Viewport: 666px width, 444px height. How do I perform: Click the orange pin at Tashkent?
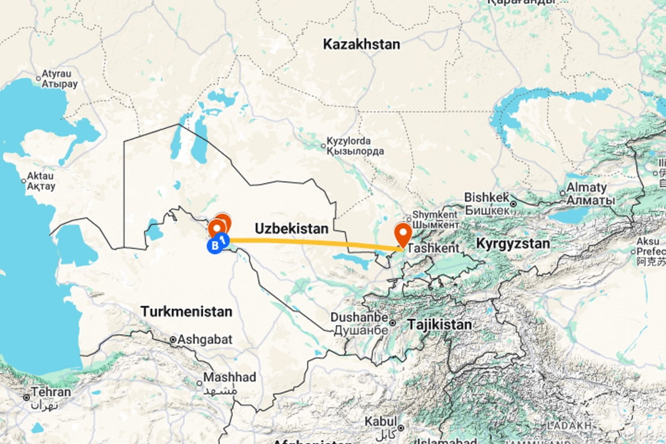click(402, 233)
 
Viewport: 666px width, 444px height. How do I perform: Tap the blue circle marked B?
click(213, 246)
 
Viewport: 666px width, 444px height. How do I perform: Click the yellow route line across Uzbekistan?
click(311, 242)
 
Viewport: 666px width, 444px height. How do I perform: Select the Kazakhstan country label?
click(362, 44)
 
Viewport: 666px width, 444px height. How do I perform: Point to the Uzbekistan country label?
click(291, 228)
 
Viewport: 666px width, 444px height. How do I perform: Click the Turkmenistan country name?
click(186, 311)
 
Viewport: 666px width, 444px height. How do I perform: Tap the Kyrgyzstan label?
click(513, 243)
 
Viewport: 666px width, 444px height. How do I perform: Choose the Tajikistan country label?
click(440, 324)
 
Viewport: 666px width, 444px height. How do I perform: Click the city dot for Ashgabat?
click(173, 339)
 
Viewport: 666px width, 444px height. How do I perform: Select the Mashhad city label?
click(230, 377)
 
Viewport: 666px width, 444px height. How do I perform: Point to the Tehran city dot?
click(26, 397)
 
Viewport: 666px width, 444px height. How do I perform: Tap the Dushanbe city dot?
click(392, 322)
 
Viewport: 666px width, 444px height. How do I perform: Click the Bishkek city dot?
click(514, 204)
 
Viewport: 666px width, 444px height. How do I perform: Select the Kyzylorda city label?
click(349, 142)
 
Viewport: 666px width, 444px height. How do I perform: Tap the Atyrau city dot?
click(38, 79)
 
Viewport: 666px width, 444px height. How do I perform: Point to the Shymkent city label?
click(435, 215)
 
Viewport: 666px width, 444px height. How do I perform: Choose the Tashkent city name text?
click(433, 249)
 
